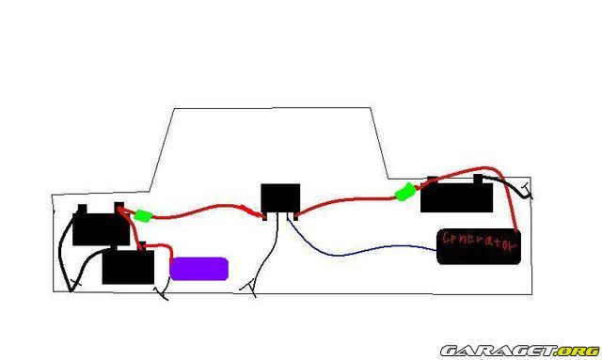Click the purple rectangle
tap(198, 269)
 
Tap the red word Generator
tap(480, 241)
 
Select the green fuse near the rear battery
tap(405, 192)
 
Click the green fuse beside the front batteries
tap(143, 215)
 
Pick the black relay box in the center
tap(280, 199)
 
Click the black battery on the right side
tap(456, 195)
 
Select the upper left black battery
tap(101, 227)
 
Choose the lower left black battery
tap(128, 266)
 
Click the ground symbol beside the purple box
tap(163, 293)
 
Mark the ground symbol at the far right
tap(527, 191)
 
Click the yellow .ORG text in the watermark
tap(578, 352)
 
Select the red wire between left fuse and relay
tap(207, 211)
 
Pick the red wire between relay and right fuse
tap(345, 200)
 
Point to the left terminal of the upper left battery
tap(82, 210)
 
